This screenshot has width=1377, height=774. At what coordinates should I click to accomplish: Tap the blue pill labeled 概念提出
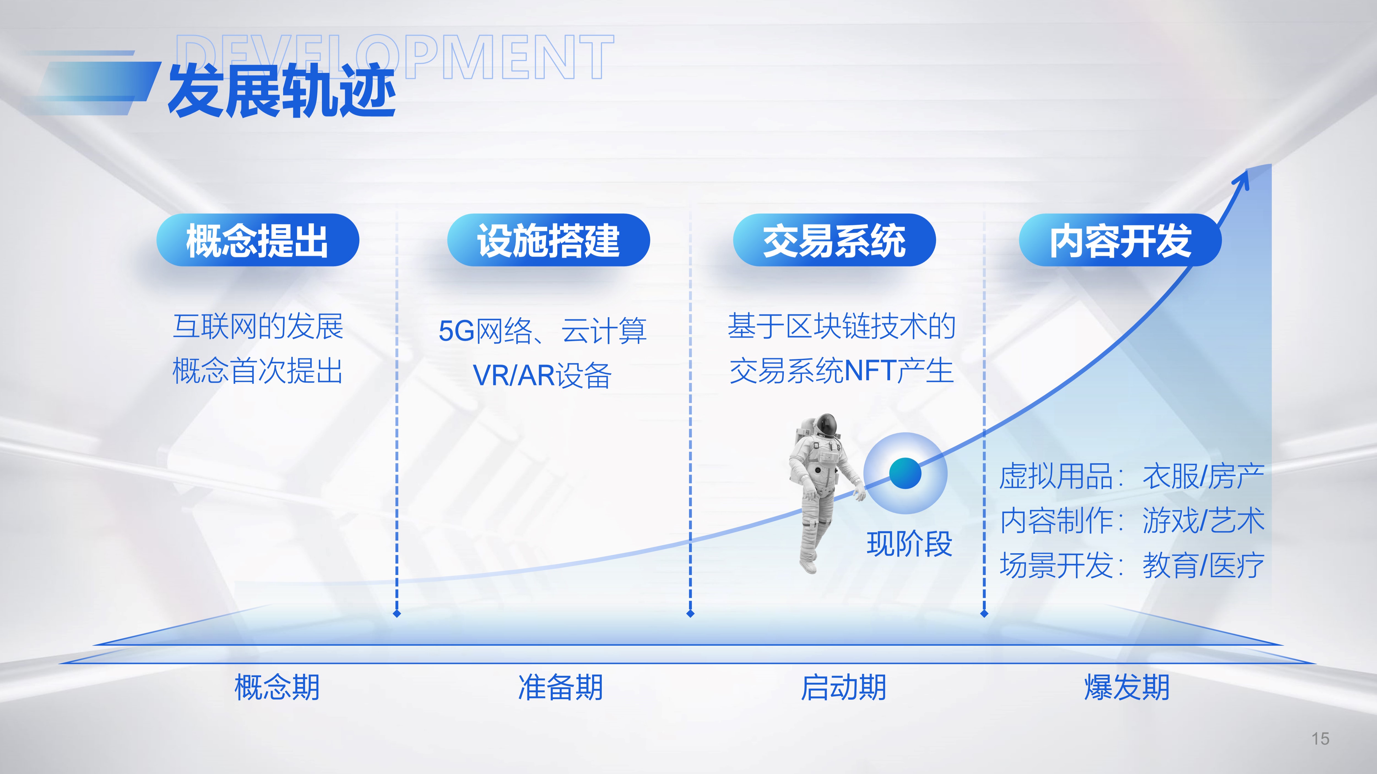[258, 240]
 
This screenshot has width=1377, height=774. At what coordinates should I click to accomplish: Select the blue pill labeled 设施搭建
[548, 240]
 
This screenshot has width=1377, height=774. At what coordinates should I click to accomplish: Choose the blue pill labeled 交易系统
[834, 240]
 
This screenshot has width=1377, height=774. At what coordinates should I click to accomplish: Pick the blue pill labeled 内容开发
[1120, 240]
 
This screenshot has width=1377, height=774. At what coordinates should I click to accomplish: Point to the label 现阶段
[909, 544]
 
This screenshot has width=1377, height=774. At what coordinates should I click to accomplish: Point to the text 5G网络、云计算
[543, 331]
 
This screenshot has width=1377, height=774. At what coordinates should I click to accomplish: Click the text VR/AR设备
[542, 375]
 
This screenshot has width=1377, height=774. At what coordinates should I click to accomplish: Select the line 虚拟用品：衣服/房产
[1132, 476]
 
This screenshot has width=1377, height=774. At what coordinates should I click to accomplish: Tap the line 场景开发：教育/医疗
[1132, 565]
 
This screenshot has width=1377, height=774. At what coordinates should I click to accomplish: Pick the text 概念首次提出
[257, 371]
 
